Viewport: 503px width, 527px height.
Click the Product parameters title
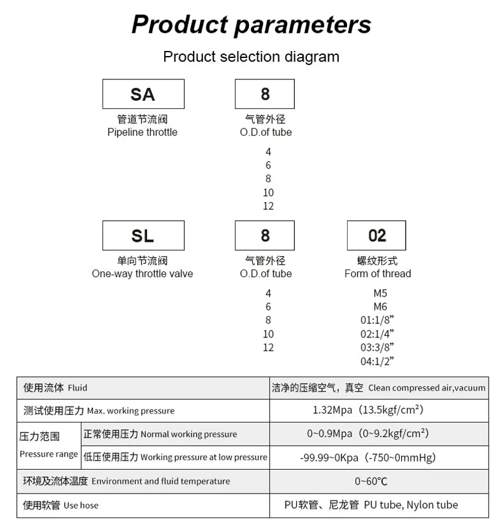point(251,25)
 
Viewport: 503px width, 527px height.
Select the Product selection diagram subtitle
point(251,57)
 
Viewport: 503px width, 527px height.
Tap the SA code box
point(143,94)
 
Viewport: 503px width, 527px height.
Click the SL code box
point(143,235)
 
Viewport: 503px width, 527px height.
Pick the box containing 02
point(377,235)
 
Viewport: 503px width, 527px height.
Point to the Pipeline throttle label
point(142,132)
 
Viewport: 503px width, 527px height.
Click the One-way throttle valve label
point(142,274)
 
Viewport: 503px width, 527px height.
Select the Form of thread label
point(377,274)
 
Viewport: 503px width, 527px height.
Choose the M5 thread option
point(380,293)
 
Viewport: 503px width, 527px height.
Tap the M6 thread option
point(380,307)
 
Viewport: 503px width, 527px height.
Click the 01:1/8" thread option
point(377,320)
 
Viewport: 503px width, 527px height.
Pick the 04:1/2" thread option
point(377,361)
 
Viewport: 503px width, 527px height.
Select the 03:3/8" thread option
point(377,348)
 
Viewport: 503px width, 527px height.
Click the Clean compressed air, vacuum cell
point(379,388)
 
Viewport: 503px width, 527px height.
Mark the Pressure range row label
point(48,445)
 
